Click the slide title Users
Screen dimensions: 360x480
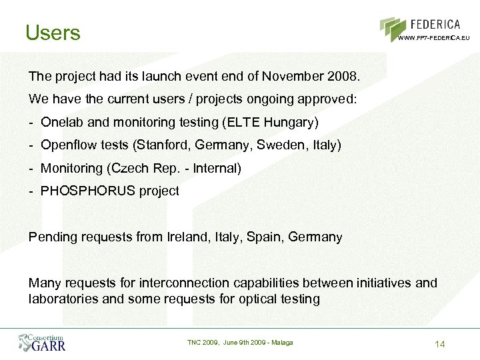point(53,32)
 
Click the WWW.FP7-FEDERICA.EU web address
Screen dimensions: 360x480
point(434,38)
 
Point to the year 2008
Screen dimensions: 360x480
point(343,76)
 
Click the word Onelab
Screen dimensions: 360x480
point(63,122)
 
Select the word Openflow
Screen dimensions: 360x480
point(68,145)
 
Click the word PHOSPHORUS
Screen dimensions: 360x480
point(88,191)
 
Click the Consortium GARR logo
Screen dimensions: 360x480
point(42,342)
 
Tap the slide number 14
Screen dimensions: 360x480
point(439,343)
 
